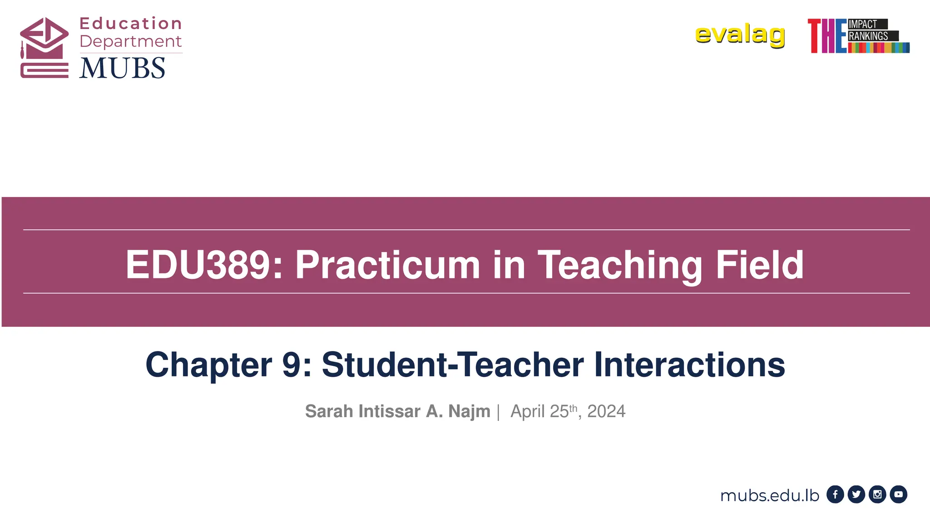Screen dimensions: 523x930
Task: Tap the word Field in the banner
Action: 759,265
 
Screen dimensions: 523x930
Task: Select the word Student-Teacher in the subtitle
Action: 453,365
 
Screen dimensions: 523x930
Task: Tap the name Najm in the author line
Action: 469,411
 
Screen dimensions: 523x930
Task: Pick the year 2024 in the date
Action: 606,411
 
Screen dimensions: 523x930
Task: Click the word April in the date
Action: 528,411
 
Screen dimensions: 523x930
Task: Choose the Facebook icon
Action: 835,494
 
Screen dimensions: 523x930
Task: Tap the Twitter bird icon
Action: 856,494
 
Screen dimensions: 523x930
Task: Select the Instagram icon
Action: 877,494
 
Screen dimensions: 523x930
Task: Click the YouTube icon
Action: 898,494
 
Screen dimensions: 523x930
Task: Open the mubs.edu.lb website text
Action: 769,495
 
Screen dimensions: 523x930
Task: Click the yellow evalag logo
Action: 740,35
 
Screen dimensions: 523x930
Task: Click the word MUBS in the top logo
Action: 122,69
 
